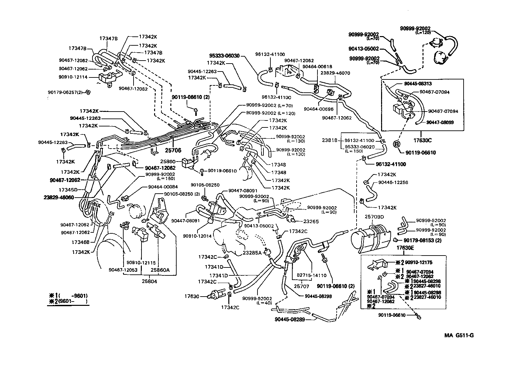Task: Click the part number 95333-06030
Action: click(x=224, y=56)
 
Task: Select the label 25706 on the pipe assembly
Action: click(x=173, y=150)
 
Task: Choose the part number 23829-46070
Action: click(x=335, y=73)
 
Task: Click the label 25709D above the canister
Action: click(x=374, y=217)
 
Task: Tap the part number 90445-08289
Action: click(x=290, y=319)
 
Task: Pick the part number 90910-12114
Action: click(x=73, y=77)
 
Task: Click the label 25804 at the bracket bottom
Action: click(x=150, y=281)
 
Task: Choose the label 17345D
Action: click(x=68, y=190)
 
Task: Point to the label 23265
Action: click(x=311, y=221)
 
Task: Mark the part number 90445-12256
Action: click(x=393, y=182)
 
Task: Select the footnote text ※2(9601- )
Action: click(x=68, y=302)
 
